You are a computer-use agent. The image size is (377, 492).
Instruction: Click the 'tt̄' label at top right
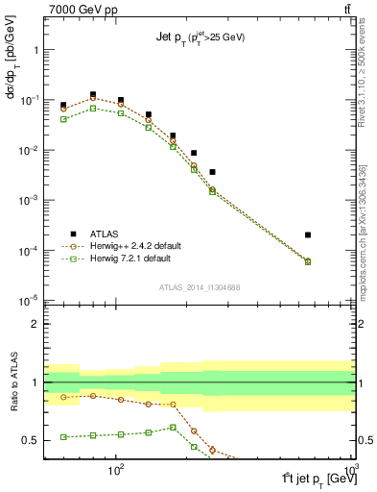346,9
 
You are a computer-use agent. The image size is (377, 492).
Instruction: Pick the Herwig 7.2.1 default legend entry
125,258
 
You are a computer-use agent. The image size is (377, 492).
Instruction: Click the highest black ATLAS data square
92,95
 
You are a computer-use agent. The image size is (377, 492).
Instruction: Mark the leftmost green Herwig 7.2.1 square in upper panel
63,119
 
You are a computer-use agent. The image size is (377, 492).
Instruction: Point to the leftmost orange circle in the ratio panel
63,397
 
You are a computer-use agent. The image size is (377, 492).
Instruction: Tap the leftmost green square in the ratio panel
63,437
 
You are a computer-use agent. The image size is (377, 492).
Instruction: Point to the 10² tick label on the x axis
117,471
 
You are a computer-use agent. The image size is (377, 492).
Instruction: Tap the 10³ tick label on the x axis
351,471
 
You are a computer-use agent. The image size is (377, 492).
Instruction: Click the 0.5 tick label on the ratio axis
31,440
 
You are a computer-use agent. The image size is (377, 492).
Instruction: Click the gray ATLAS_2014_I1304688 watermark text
199,287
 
